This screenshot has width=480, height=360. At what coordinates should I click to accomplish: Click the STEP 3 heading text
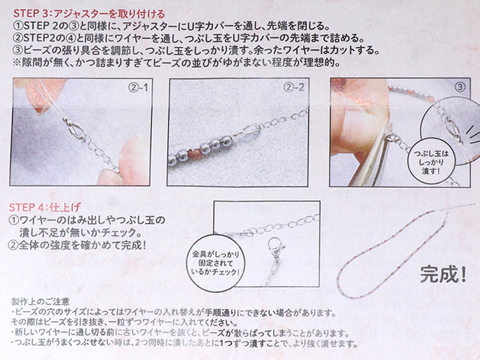(x=89, y=14)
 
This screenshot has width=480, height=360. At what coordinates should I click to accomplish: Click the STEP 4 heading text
(x=44, y=207)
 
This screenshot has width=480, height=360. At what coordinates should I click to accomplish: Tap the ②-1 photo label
(x=138, y=88)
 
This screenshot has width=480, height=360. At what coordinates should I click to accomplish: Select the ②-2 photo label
(x=294, y=88)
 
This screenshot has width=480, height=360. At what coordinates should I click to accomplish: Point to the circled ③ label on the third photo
(x=460, y=87)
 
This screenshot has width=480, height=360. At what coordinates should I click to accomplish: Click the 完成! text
(x=443, y=274)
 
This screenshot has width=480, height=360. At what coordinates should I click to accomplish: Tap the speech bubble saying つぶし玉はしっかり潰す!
(x=431, y=162)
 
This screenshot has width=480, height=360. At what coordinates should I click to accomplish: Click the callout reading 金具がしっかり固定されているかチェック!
(x=215, y=263)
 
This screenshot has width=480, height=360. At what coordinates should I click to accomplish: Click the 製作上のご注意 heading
(x=40, y=302)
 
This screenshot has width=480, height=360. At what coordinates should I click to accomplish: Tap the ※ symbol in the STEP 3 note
(x=17, y=63)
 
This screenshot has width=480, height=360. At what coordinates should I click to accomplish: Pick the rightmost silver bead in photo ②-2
(x=227, y=141)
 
